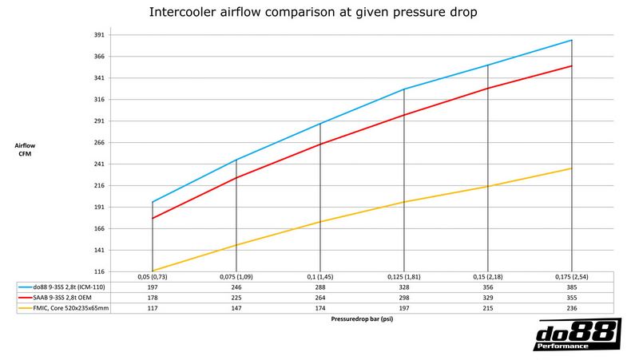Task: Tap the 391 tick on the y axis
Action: click(100, 35)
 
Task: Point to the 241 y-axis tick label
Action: click(100, 164)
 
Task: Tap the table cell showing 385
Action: click(572, 285)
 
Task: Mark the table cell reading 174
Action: click(319, 307)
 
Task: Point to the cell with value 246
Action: click(236, 285)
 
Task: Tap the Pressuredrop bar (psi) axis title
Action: click(362, 318)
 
